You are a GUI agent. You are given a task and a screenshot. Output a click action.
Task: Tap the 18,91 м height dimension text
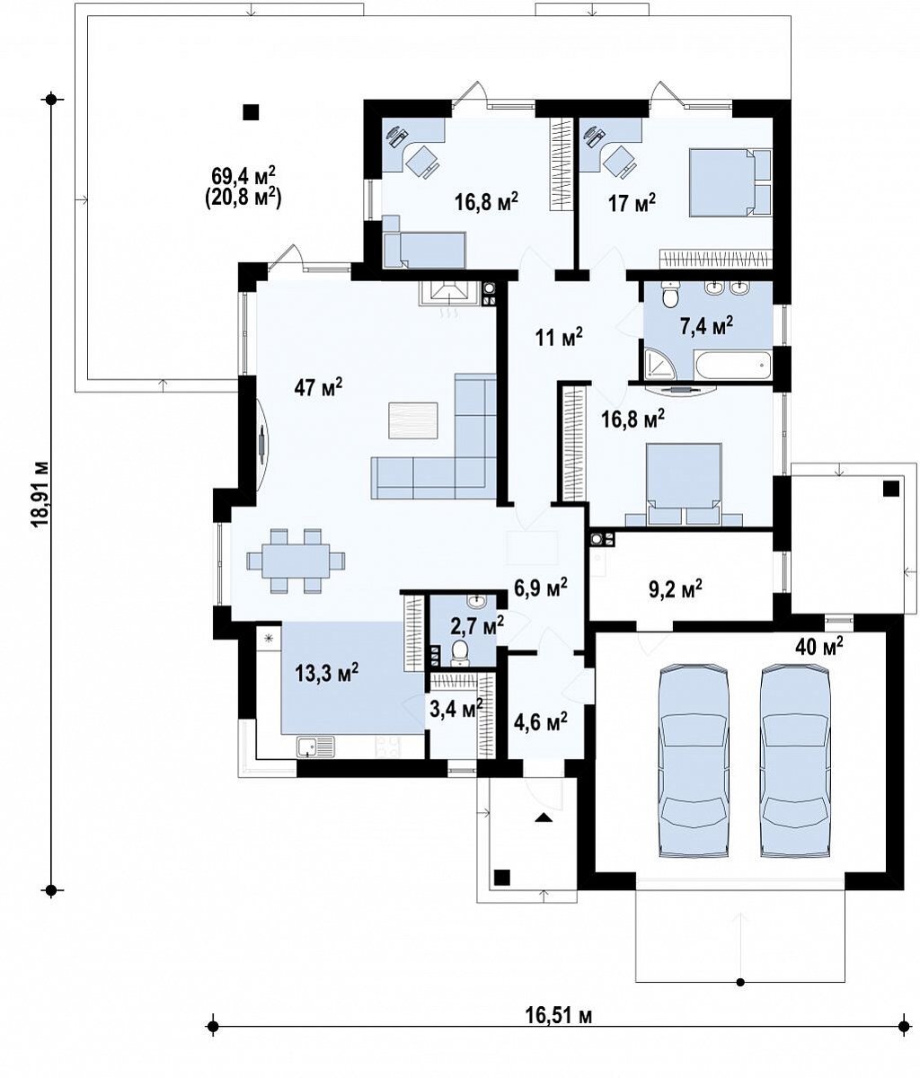click(x=40, y=495)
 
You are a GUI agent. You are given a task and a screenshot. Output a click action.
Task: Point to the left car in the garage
click(x=694, y=761)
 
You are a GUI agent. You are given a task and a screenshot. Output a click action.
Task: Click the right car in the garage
click(x=795, y=761)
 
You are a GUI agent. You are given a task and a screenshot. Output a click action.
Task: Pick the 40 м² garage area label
click(x=819, y=647)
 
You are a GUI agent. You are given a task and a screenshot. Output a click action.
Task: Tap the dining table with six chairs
click(x=296, y=561)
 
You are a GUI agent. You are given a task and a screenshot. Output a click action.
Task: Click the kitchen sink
click(x=315, y=747)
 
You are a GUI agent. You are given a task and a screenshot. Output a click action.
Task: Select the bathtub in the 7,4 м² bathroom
click(x=733, y=366)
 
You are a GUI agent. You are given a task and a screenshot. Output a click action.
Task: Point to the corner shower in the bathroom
click(x=659, y=364)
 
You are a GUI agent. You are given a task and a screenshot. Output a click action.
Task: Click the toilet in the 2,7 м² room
click(x=460, y=653)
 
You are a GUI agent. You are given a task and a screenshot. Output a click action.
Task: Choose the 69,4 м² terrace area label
click(x=243, y=176)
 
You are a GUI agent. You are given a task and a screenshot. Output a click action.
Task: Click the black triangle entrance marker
click(x=544, y=817)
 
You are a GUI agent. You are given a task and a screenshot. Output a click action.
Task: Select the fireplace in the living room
click(x=449, y=293)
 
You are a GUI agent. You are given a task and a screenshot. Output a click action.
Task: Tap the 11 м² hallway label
click(x=559, y=338)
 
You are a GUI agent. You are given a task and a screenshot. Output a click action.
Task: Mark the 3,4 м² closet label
click(x=456, y=708)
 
